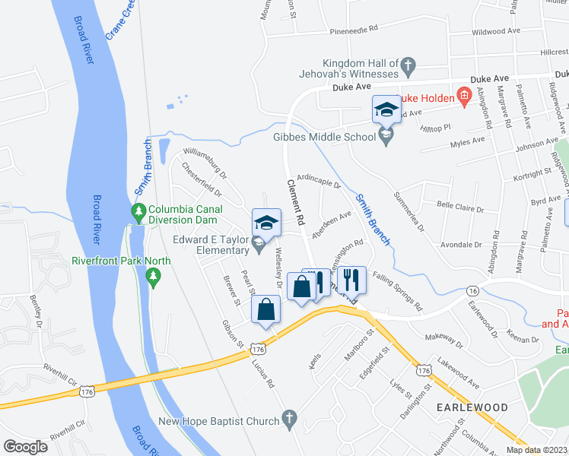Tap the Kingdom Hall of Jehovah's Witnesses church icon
[408, 67]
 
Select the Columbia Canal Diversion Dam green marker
[138, 210]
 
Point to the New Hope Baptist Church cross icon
[288, 418]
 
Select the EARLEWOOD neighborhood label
[472, 408]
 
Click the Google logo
[25, 446]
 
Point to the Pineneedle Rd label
[354, 30]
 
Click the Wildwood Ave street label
[495, 32]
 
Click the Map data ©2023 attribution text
[538, 450]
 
